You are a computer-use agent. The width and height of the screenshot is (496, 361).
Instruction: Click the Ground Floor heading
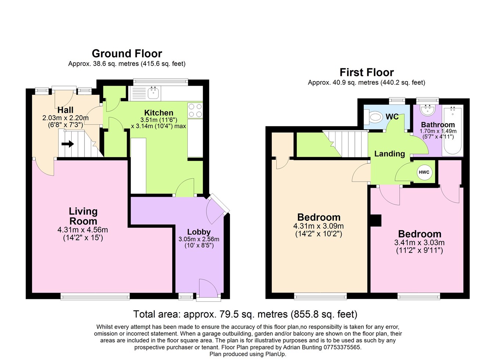pyautogui.click(x=127, y=54)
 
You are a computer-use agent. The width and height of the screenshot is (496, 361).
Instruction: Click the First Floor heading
pyautogui.click(x=366, y=72)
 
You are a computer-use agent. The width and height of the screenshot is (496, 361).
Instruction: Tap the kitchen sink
pyautogui.click(x=153, y=93)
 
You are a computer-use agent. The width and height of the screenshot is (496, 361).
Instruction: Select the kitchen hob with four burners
pyautogui.click(x=195, y=110)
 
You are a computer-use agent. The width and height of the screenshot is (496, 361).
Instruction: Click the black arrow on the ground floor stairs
pyautogui.click(x=68, y=144)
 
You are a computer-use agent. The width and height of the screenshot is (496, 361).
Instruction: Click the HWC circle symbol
pyautogui.click(x=424, y=172)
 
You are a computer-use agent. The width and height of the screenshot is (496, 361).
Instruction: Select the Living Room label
pyautogui.click(x=83, y=216)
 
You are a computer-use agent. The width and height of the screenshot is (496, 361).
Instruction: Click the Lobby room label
pyautogui.click(x=199, y=232)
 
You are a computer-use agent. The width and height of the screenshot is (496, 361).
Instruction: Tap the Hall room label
pyautogui.click(x=65, y=110)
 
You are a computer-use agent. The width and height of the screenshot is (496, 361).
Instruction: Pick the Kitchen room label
pyautogui.click(x=158, y=113)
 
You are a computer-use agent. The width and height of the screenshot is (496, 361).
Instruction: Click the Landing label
pyautogui.click(x=389, y=154)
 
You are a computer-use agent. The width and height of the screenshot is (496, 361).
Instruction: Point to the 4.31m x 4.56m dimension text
pyautogui.click(x=83, y=230)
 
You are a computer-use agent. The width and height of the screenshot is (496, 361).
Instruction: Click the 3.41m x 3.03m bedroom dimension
pyautogui.click(x=420, y=243)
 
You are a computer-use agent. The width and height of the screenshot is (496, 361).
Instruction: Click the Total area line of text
pyautogui.click(x=245, y=314)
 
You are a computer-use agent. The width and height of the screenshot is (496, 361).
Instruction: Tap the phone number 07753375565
pyautogui.click(x=342, y=347)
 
